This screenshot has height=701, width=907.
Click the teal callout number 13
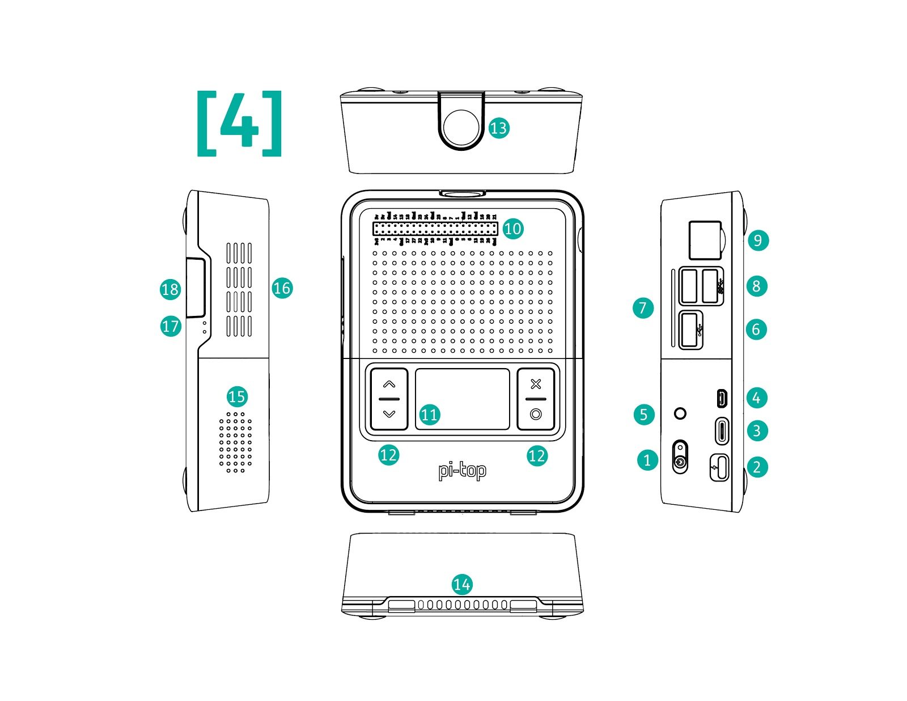tap(498, 128)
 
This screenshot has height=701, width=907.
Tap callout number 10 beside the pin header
tap(512, 229)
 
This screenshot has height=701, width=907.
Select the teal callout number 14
tap(462, 585)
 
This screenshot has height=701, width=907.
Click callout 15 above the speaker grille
tap(236, 396)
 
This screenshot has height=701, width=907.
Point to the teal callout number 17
tap(170, 326)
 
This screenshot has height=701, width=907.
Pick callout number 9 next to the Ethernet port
tap(757, 240)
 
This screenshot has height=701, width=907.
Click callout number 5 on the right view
tap(643, 415)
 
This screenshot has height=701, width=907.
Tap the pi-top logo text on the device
tap(462, 471)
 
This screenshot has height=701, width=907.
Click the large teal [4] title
tap(239, 124)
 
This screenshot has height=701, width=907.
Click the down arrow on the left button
tap(389, 415)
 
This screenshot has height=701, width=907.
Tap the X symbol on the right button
tap(536, 384)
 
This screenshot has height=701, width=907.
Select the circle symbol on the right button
tap(536, 415)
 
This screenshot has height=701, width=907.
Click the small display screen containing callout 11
tap(463, 399)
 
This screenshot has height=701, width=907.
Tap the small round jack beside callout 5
tap(681, 413)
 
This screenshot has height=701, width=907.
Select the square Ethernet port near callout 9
tap(705, 239)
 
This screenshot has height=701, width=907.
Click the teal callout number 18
tap(170, 290)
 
